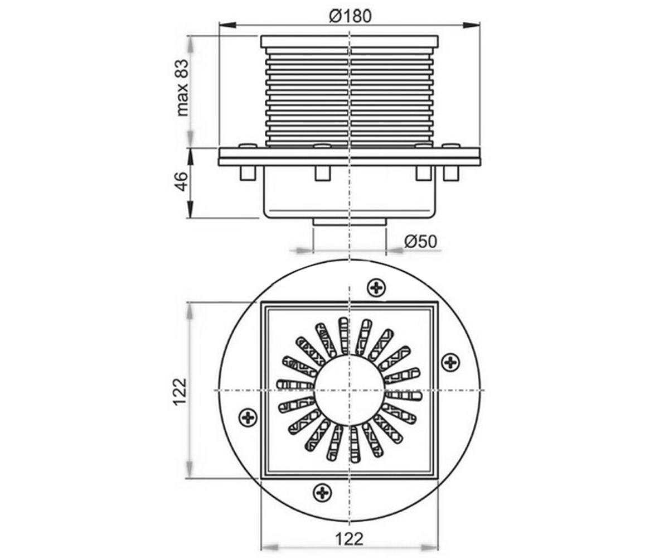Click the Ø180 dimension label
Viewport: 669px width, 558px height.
(x=350, y=16)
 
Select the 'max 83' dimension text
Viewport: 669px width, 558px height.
(x=182, y=87)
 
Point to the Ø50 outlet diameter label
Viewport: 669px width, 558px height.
(x=420, y=242)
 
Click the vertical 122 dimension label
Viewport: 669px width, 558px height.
(x=180, y=392)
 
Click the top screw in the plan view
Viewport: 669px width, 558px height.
(x=376, y=288)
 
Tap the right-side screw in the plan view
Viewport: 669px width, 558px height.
(x=451, y=363)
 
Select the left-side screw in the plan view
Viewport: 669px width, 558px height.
(x=248, y=417)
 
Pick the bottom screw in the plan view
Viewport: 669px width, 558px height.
(x=322, y=492)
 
